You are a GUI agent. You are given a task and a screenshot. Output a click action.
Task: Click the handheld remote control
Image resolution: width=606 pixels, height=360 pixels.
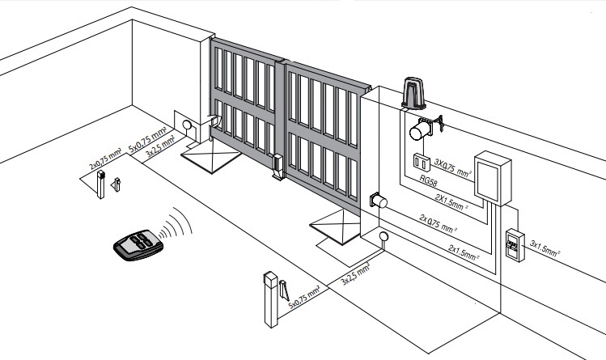click(x=139, y=244)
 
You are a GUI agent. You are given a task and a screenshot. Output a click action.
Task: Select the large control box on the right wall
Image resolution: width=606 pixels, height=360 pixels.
click(x=493, y=177)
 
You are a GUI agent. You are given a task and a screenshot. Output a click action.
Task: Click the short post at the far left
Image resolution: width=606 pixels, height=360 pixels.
click(x=103, y=187)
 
